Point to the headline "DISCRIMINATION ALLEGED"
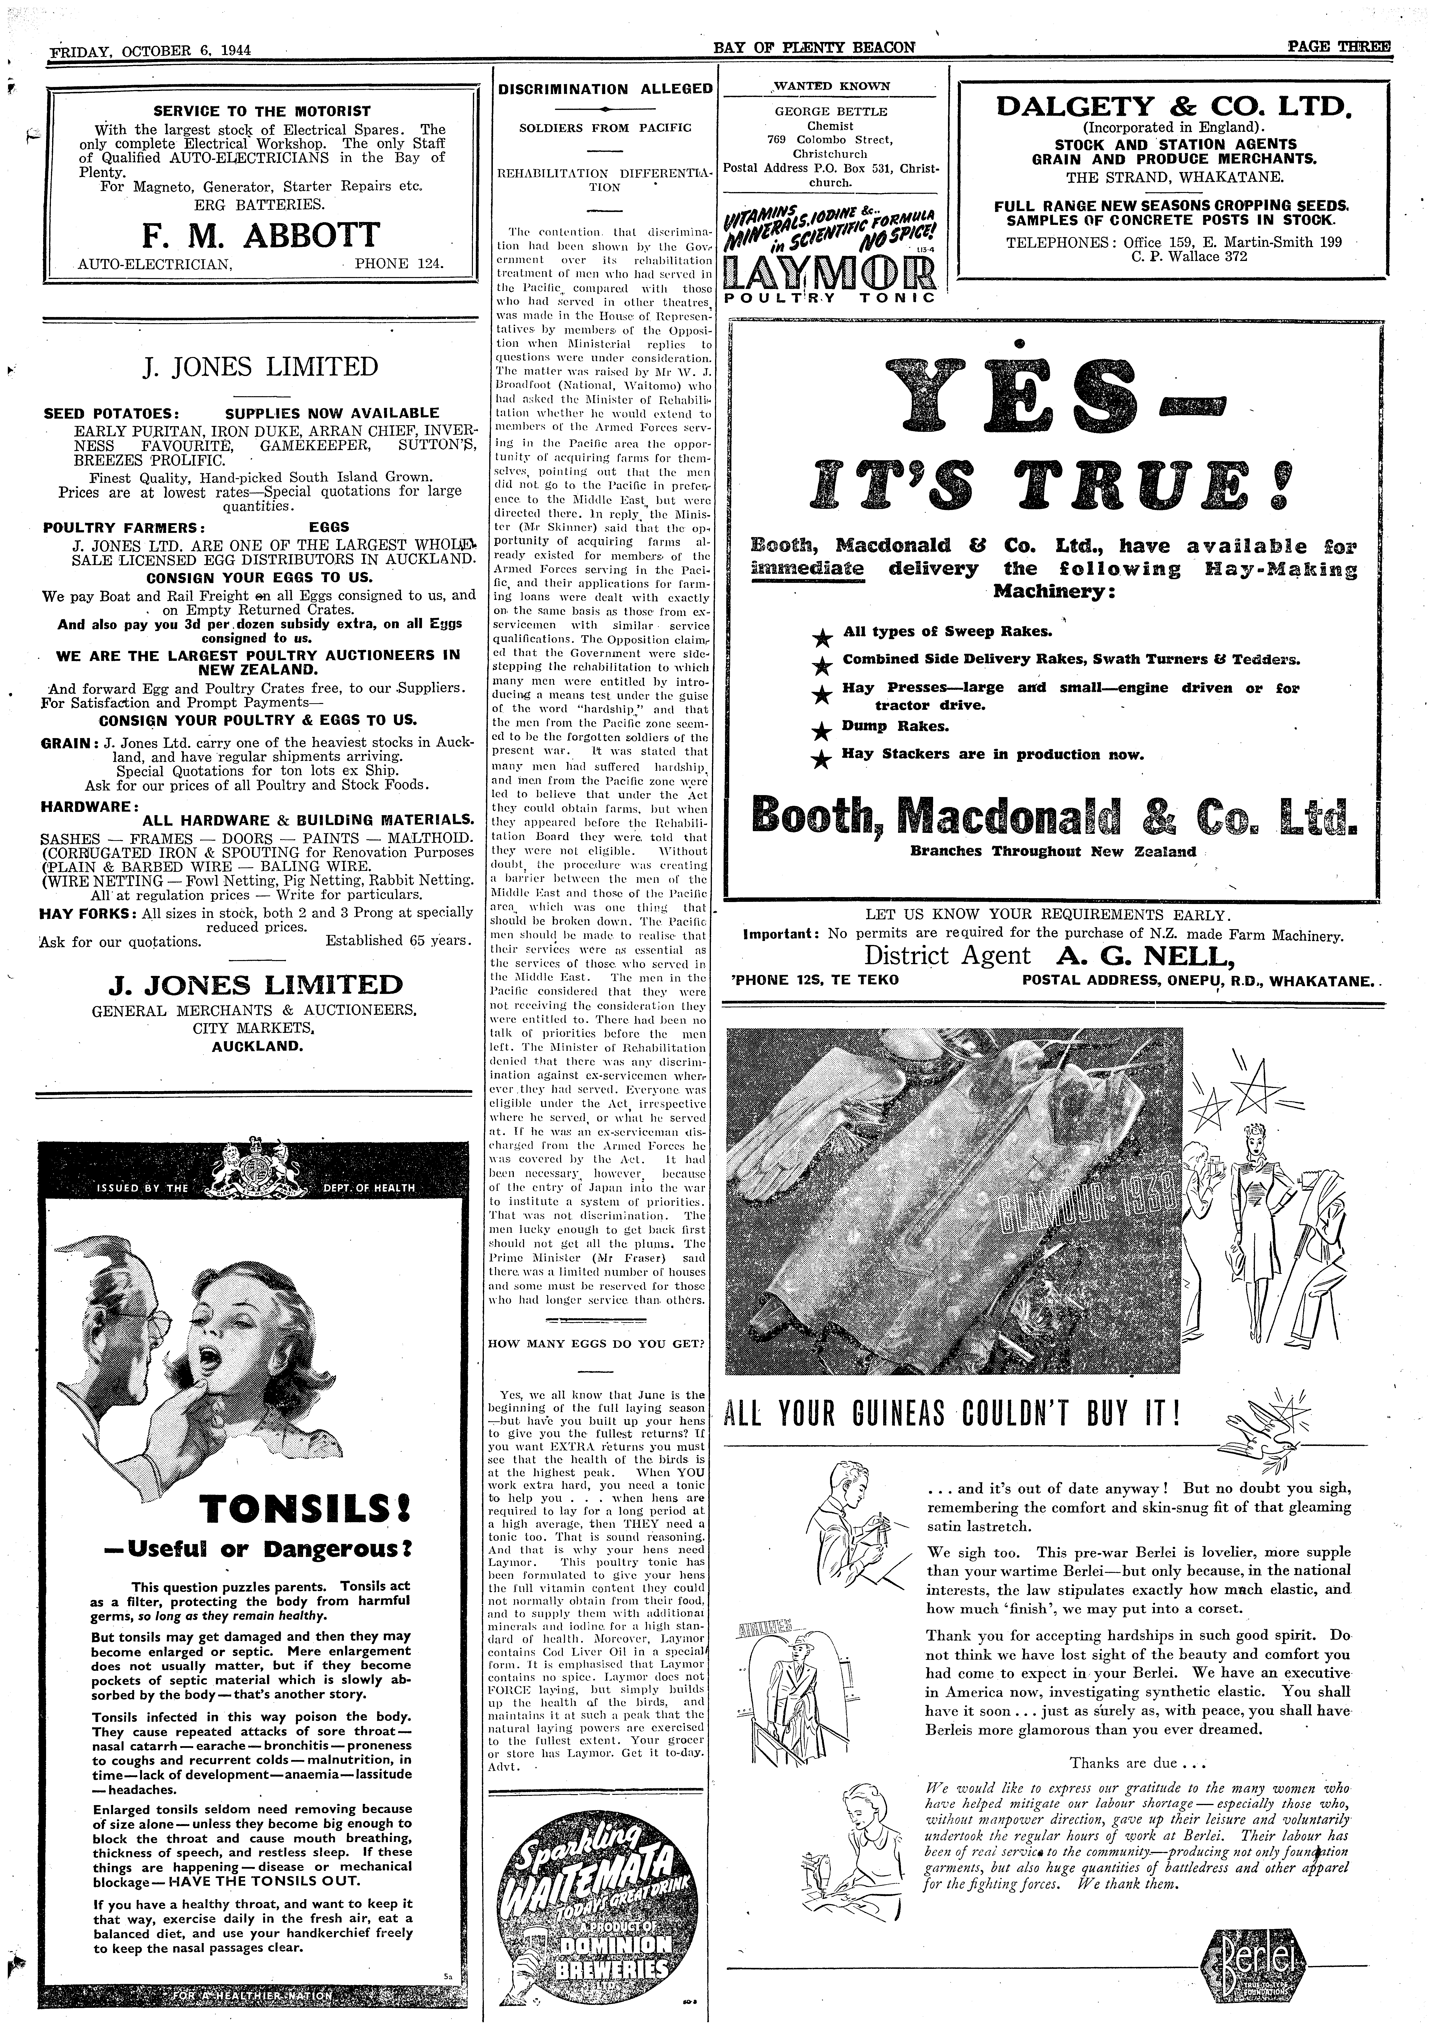605,89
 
